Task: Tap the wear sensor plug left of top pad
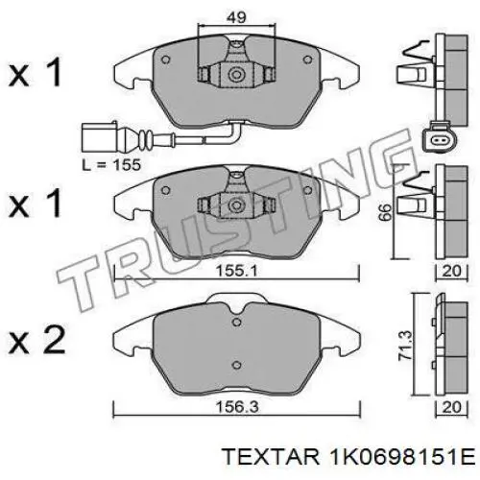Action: coord(96,134)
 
